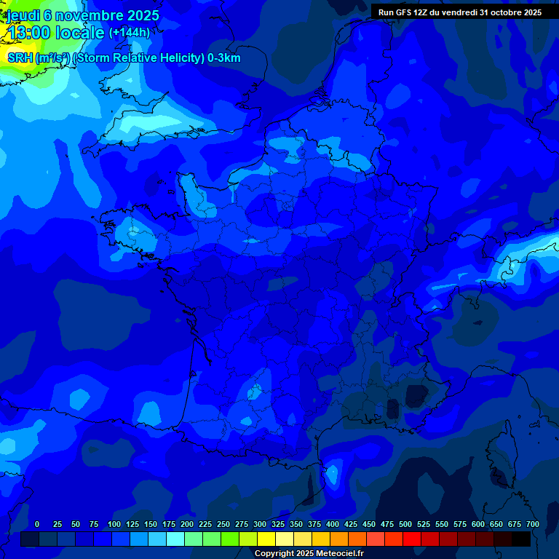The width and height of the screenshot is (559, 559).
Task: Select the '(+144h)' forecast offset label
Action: point(129,33)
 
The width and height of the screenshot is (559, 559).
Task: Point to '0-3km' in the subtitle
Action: point(225,58)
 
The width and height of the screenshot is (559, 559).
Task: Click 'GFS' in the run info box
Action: point(403,12)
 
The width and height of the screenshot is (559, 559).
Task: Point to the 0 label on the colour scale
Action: point(37,524)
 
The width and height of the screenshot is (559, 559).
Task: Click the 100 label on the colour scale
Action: point(114,524)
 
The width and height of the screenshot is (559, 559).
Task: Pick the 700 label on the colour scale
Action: point(533,524)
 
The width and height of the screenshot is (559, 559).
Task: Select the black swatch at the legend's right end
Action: point(521,539)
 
